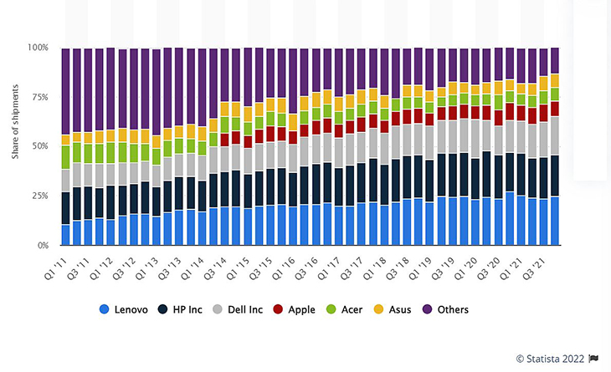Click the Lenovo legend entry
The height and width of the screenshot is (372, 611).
click(124, 309)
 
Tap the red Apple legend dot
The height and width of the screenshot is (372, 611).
click(278, 309)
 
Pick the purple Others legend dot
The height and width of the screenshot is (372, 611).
click(428, 309)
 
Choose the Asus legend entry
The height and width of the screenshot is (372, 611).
click(393, 309)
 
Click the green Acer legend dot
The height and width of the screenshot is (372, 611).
click(331, 309)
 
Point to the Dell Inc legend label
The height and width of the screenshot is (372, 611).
click(245, 309)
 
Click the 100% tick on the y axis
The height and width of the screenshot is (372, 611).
click(38, 48)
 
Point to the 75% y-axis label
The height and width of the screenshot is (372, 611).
click(40, 97)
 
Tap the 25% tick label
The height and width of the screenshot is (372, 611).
click(40, 196)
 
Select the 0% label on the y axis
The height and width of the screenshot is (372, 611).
click(43, 246)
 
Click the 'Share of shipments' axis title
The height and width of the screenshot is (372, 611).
click(15, 121)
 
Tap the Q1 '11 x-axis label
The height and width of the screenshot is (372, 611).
click(55, 268)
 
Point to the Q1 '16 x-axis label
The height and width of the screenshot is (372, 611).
click(283, 268)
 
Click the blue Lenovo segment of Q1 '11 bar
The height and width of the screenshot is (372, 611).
click(65, 235)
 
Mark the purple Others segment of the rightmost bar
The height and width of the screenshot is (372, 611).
click(555, 61)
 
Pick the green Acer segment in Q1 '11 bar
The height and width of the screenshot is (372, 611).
click(65, 157)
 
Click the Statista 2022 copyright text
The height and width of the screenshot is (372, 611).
click(550, 359)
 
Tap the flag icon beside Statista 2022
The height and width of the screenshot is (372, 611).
click(593, 359)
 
